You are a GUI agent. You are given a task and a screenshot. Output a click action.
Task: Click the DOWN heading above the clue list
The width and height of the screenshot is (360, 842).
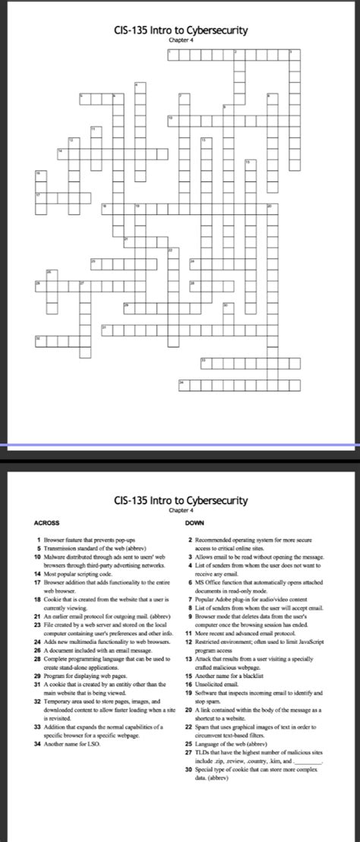[194, 522]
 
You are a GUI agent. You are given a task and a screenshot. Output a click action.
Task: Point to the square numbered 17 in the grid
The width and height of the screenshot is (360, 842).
[37, 196]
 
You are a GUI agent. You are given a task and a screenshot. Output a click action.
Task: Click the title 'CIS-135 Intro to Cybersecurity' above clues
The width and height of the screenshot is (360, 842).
[180, 500]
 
